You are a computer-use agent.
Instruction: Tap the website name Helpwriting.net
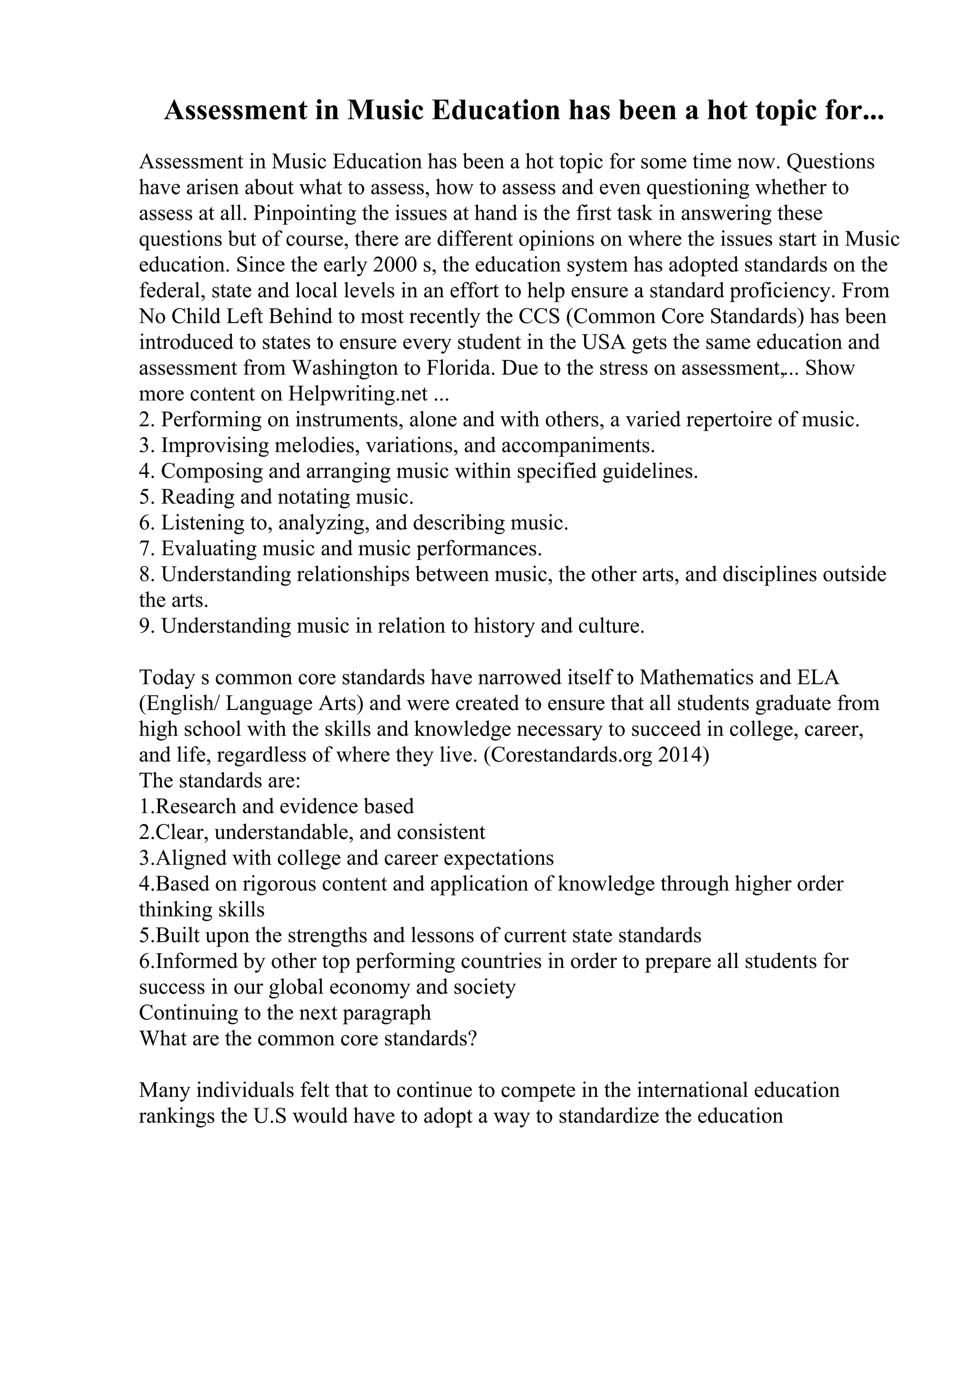(x=358, y=394)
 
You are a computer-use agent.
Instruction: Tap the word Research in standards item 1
(x=197, y=807)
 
